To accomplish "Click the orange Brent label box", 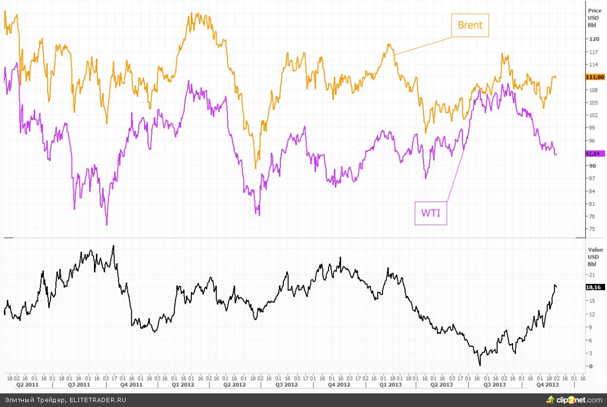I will [470, 25].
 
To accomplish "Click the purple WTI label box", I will [431, 213].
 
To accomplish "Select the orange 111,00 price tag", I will [595, 77].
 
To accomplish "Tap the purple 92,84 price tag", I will [595, 153].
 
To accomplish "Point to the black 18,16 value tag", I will [595, 287].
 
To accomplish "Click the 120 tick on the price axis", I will [593, 39].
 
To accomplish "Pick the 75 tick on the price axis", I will [592, 229].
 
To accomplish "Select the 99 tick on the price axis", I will [592, 128].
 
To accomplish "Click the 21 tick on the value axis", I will [591, 275].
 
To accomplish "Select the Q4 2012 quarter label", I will [339, 385].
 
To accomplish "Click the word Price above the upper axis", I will [595, 10].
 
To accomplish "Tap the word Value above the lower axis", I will [595, 250].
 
